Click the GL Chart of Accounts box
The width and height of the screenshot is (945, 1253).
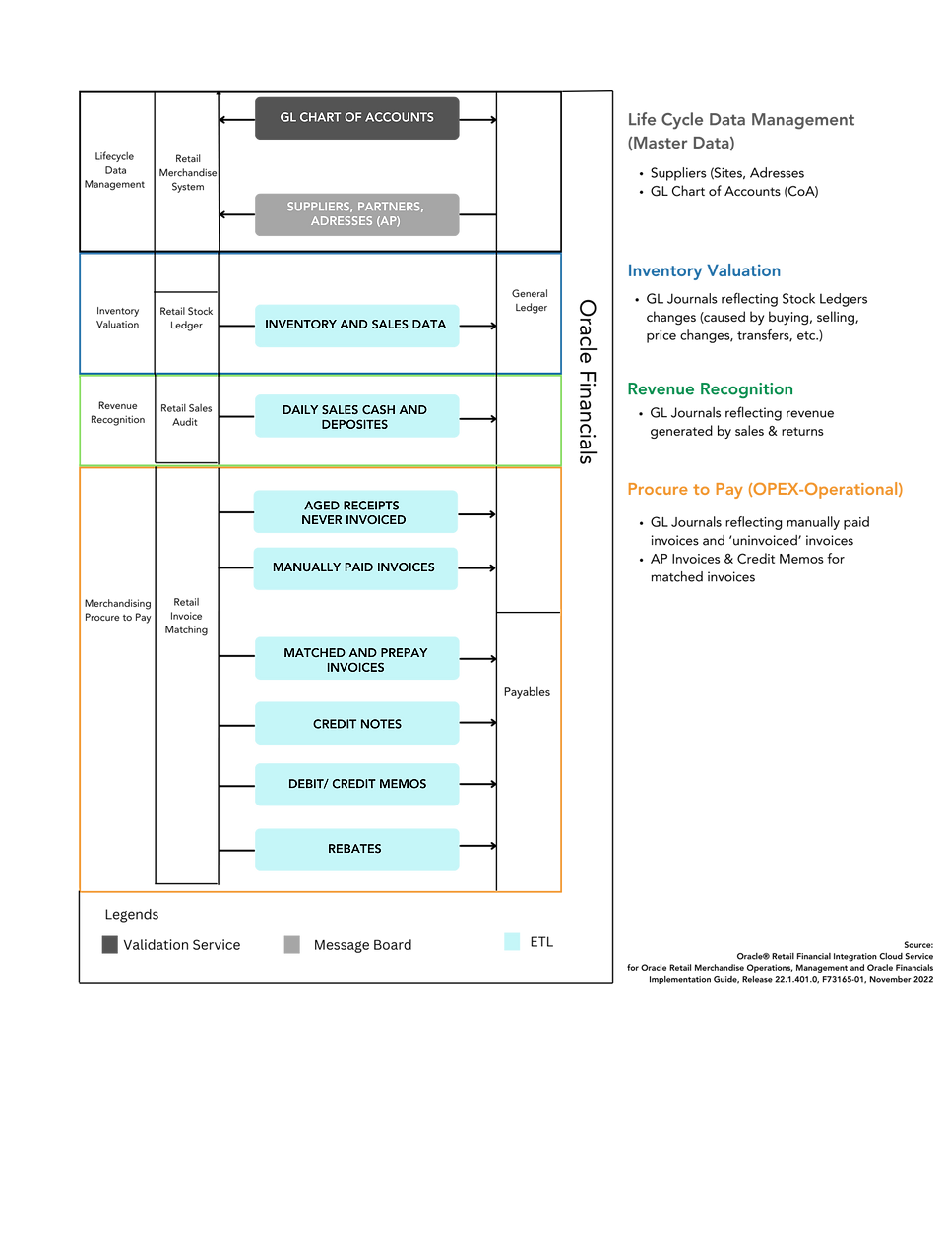coord(356,118)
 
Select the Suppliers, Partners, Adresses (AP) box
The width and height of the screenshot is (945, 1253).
coord(356,214)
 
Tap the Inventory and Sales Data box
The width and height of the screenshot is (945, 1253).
coord(356,326)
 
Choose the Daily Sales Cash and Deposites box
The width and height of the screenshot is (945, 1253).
coord(356,417)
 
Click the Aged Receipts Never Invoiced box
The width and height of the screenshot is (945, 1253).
coord(354,512)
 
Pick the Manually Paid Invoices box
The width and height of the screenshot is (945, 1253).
coord(354,568)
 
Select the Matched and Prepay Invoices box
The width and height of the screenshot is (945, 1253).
coord(356,659)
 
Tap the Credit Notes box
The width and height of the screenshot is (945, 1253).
coord(356,724)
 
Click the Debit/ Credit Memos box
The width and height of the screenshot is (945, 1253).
coord(356,785)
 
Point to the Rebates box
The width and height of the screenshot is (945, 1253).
coord(356,850)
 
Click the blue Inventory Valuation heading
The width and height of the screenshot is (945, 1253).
coord(704,271)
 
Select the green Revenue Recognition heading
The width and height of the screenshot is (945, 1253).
coord(710,389)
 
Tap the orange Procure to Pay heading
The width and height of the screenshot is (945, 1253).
coord(764,490)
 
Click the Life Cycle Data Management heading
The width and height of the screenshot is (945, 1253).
coord(740,120)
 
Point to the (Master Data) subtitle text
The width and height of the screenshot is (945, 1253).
coord(680,144)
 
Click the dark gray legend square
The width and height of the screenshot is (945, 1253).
coord(110,945)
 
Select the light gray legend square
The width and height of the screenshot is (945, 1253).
coord(292,945)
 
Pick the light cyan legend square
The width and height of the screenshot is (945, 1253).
coord(512,942)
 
